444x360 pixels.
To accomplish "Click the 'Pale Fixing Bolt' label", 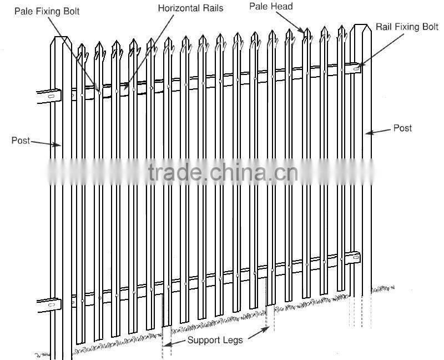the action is coord(47,11).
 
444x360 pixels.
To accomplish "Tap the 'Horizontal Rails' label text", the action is coord(190,8).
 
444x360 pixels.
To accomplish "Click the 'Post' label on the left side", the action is coord(21,141).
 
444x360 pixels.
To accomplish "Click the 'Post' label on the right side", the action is coord(402,128).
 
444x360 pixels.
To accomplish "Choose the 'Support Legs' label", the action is coord(214,339).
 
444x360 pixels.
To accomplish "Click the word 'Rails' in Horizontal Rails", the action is coord(212,8).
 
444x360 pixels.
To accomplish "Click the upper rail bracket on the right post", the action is coord(353,68).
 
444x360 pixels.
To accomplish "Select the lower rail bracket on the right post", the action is coord(352,258).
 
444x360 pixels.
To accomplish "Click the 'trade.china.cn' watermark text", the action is coord(223,173).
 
